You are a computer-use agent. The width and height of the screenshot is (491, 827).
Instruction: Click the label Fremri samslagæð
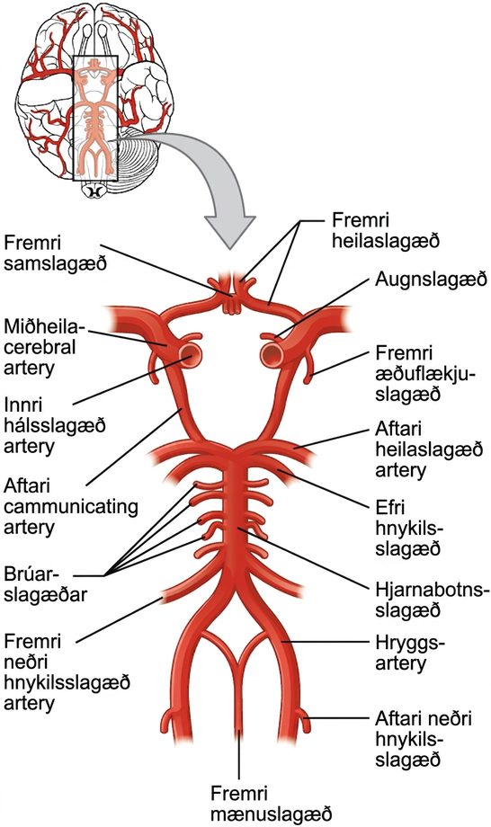pyautogui.click(x=55, y=253)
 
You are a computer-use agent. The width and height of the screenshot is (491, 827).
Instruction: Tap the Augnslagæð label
pyautogui.click(x=431, y=280)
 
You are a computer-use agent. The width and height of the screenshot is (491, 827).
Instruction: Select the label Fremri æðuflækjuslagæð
pyautogui.click(x=425, y=373)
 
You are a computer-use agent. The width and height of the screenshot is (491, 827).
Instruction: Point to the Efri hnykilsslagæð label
pyautogui.click(x=409, y=528)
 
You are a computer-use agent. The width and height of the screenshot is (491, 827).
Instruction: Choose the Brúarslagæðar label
pyautogui.click(x=45, y=584)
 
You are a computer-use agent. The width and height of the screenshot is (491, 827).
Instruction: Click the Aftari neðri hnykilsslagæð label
pyautogui.click(x=424, y=739)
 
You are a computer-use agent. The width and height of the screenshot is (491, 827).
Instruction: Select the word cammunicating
pyautogui.click(x=71, y=507)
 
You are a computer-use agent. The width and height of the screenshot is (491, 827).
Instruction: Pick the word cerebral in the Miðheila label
pyautogui.click(x=40, y=348)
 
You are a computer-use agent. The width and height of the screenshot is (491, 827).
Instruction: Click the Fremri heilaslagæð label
pyautogui.click(x=386, y=230)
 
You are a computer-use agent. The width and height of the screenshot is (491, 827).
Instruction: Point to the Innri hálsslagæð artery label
pyautogui.click(x=55, y=427)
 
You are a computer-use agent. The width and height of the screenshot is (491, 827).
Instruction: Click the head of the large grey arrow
pyautogui.click(x=229, y=232)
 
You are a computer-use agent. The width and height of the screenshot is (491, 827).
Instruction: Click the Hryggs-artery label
pyautogui.click(x=410, y=653)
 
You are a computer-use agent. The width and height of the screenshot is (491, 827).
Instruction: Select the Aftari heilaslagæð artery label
pyautogui.click(x=429, y=449)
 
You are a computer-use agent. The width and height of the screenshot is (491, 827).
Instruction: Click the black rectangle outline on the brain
pyautogui.click(x=94, y=118)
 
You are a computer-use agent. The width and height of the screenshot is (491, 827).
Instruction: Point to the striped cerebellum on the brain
pyautogui.click(x=142, y=163)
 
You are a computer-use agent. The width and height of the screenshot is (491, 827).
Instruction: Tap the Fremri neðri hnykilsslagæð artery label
pyautogui.click(x=67, y=672)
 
